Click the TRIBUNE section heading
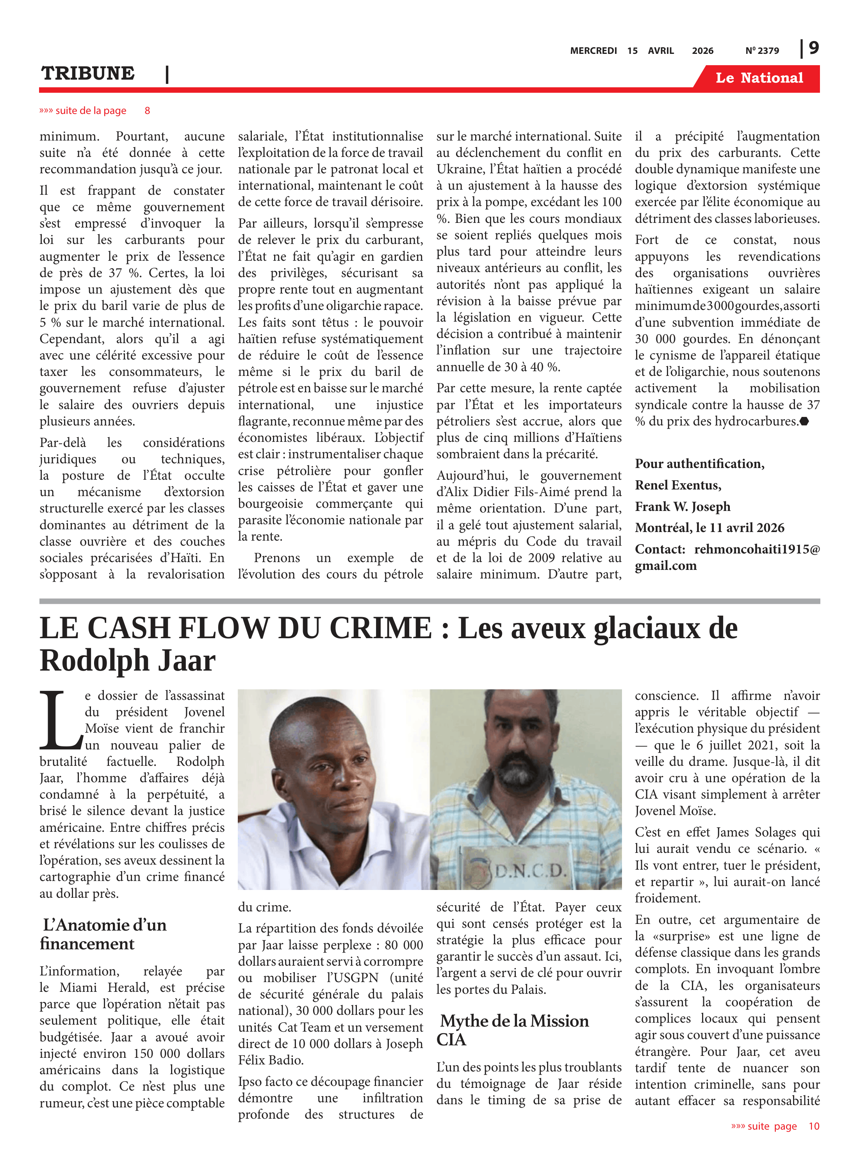(x=88, y=73)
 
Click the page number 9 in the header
(x=814, y=48)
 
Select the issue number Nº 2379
(x=762, y=50)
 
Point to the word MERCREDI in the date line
(x=593, y=50)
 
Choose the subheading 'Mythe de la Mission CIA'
(x=514, y=1030)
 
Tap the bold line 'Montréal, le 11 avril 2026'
(x=709, y=528)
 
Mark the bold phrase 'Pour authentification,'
(x=699, y=464)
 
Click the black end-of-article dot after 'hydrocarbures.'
(x=804, y=422)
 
